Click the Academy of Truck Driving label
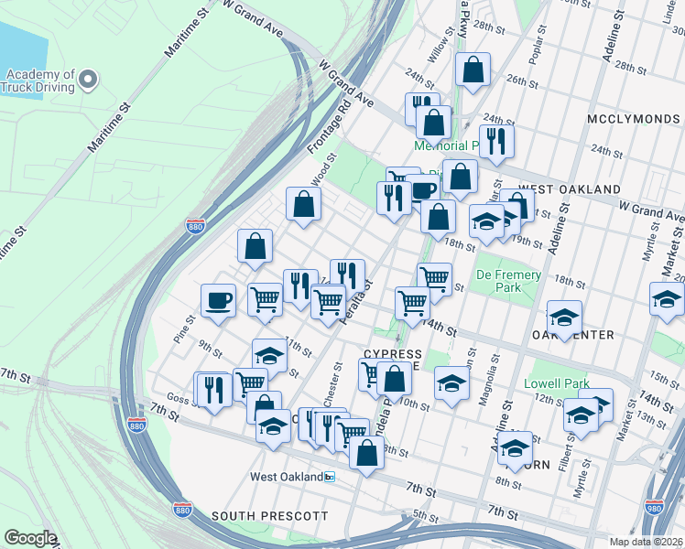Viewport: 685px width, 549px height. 40,81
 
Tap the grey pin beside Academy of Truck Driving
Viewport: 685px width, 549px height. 89,81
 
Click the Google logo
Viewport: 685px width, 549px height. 30,537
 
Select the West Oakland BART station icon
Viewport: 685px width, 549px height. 330,477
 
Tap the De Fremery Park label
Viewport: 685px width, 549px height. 508,281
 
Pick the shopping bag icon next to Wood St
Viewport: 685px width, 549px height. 303,205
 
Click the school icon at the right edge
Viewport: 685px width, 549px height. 667,298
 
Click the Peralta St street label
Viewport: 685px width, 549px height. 357,300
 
